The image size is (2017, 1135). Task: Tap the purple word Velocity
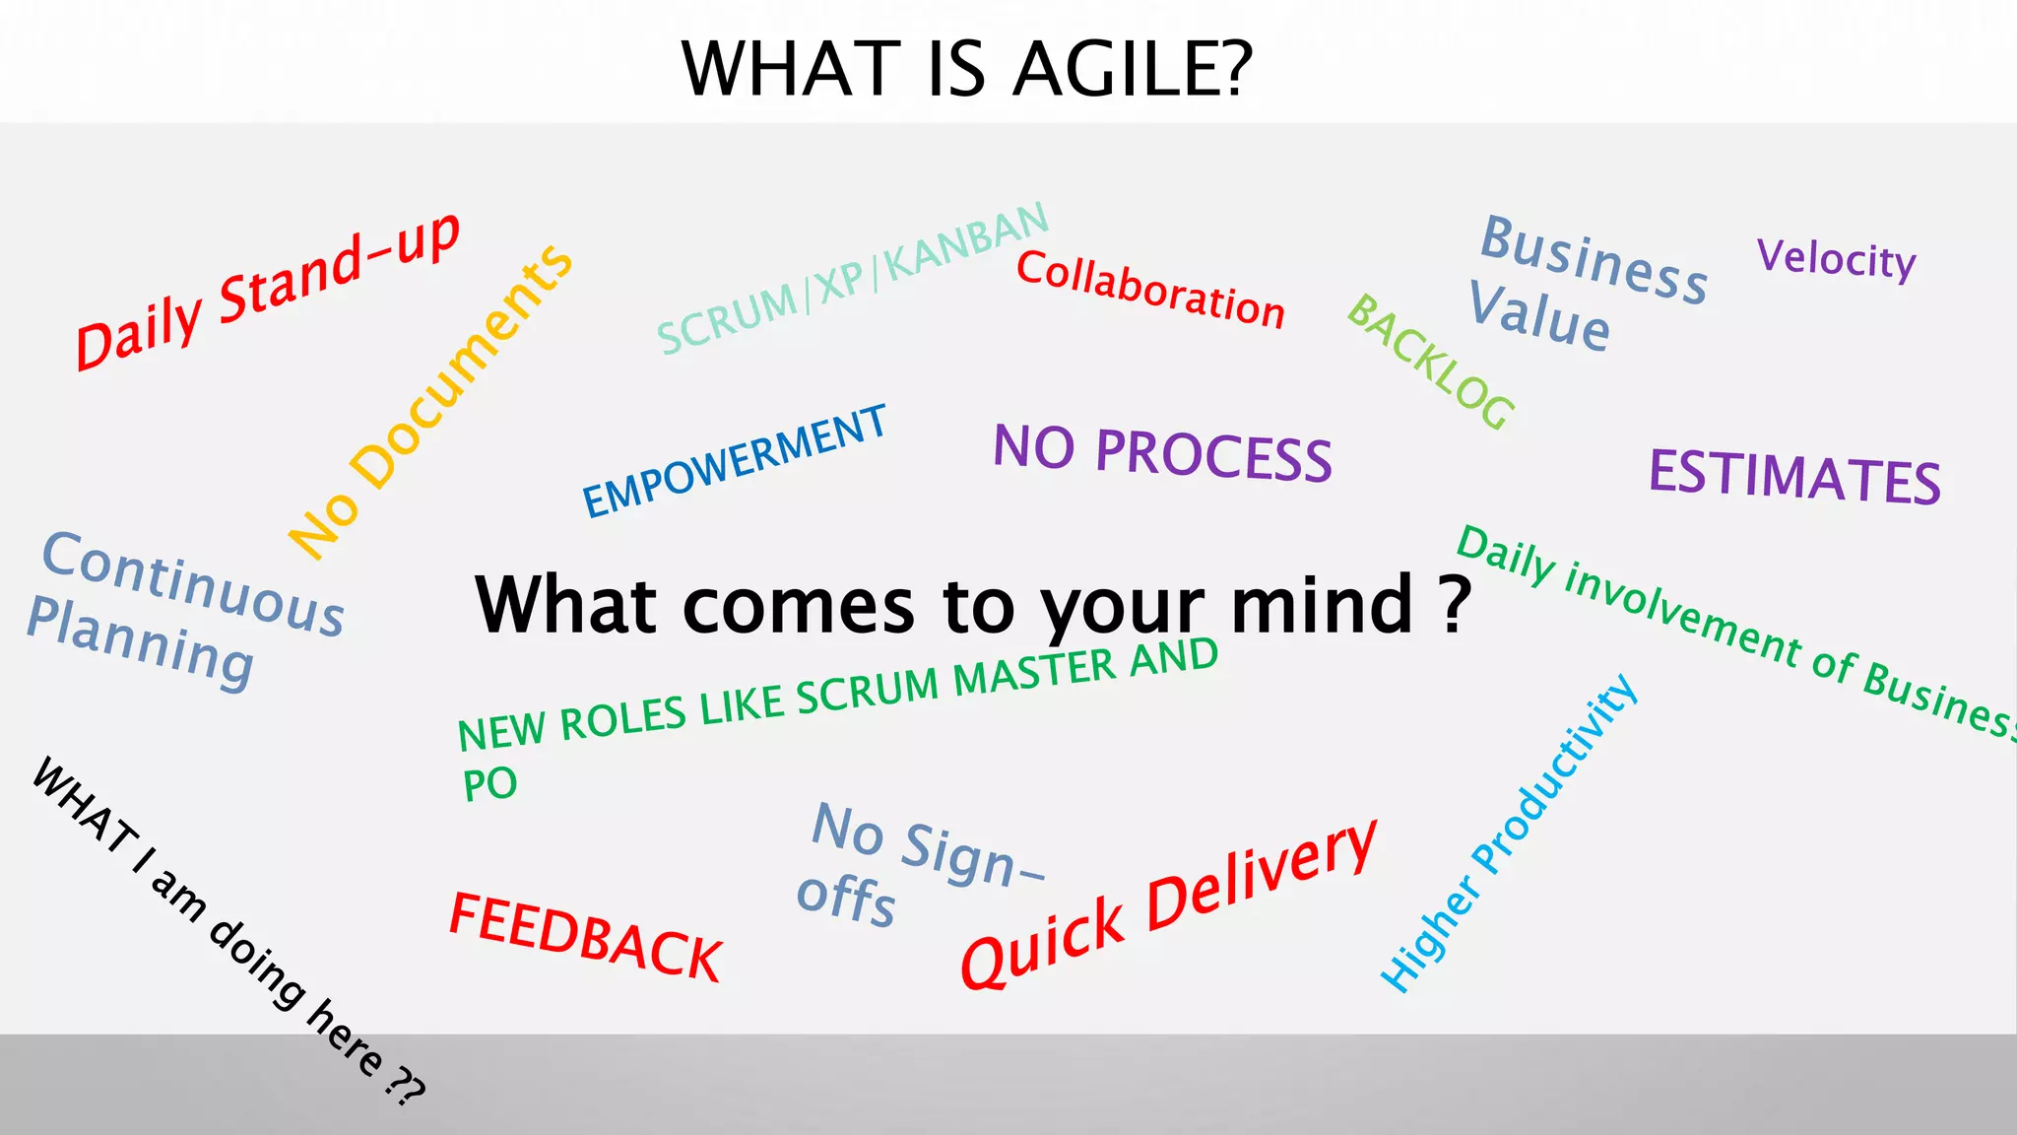tap(1837, 260)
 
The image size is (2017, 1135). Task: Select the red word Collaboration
tap(1150, 289)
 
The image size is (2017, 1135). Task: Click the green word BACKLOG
tap(1430, 362)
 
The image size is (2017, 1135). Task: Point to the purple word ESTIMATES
tap(1794, 477)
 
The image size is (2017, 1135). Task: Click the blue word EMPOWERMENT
tap(735, 461)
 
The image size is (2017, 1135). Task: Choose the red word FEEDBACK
tap(585, 937)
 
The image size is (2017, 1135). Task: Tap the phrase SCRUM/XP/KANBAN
tap(853, 278)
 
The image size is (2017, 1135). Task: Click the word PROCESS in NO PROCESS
tap(1213, 456)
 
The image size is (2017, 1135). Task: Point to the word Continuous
tap(193, 583)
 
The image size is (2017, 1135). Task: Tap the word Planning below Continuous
tap(141, 642)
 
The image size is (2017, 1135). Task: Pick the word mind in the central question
tap(1322, 605)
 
